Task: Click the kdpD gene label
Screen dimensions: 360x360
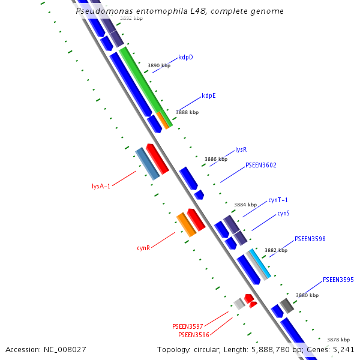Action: click(x=185, y=58)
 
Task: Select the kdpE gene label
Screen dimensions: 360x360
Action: click(x=209, y=95)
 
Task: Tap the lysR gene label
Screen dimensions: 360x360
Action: click(x=241, y=149)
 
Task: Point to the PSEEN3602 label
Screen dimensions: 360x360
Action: click(x=261, y=165)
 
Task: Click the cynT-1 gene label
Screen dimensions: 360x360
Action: click(x=278, y=200)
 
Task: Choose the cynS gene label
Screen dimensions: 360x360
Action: click(x=284, y=214)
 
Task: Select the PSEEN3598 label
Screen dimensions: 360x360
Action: click(x=310, y=239)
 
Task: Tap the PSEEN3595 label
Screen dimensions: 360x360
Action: click(x=338, y=280)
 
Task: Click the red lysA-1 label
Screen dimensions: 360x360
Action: click(x=101, y=187)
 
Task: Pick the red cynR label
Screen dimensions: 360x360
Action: click(x=143, y=248)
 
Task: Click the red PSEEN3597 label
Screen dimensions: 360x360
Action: click(x=188, y=326)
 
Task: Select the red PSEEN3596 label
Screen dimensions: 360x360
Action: click(x=194, y=335)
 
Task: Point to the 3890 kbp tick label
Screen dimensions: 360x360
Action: click(x=159, y=65)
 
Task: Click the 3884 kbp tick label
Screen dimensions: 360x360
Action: click(x=245, y=205)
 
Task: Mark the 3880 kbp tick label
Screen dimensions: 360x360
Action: click(x=307, y=295)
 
